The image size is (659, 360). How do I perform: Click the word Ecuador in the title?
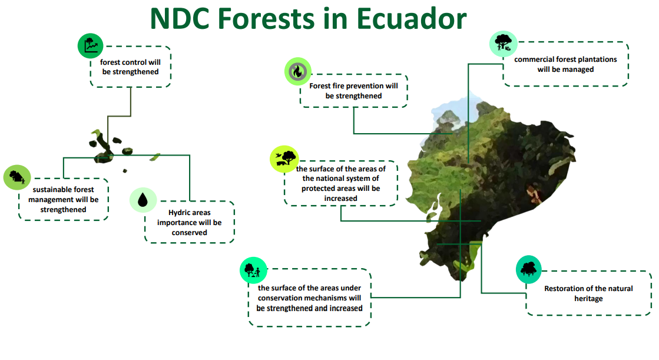(412, 18)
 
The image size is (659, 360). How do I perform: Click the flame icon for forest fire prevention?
(297, 71)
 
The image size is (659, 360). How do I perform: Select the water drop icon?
(143, 200)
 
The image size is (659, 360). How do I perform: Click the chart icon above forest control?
(90, 46)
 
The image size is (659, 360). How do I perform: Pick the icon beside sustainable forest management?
(17, 177)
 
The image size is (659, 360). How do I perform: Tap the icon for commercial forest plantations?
(503, 44)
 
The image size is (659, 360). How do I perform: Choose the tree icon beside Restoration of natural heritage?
(529, 269)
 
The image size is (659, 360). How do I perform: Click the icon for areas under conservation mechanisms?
(253, 270)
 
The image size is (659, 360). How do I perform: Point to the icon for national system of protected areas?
(284, 159)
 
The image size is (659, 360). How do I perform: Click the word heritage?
(588, 299)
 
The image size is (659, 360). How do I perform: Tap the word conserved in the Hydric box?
(189, 233)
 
